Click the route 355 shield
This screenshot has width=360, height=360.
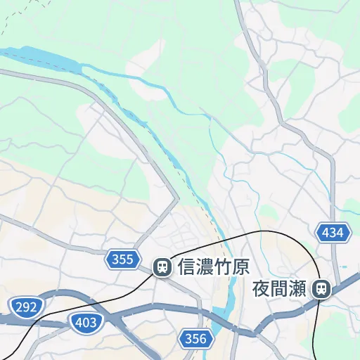122,260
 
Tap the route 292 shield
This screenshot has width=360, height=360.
25,306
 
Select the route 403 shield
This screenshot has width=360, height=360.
84,323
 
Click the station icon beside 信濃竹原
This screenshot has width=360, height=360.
162,267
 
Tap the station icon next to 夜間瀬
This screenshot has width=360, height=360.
323,288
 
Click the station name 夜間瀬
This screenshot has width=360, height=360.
280,288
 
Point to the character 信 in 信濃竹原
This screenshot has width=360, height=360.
187,267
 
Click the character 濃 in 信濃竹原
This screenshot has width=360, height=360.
205,267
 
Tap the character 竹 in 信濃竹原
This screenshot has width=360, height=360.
224,267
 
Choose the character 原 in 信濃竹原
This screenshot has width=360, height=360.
242,267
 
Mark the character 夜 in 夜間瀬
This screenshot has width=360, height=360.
262,288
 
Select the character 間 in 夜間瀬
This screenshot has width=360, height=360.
280,288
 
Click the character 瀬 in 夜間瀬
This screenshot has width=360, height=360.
298,288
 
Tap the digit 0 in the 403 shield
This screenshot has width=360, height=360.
84,323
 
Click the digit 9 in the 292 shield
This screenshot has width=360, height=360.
25,306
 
